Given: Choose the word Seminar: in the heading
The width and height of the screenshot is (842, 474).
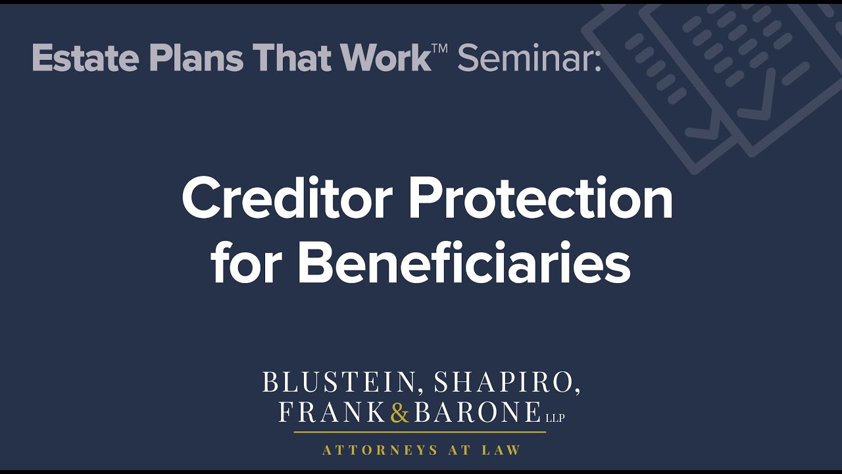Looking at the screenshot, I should tap(529, 58).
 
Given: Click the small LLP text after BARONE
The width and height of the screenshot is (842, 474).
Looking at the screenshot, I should tap(555, 417).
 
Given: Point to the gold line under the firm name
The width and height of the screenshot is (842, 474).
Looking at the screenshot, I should tap(420, 432).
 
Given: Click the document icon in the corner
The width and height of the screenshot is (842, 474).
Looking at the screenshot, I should tap(717, 79).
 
